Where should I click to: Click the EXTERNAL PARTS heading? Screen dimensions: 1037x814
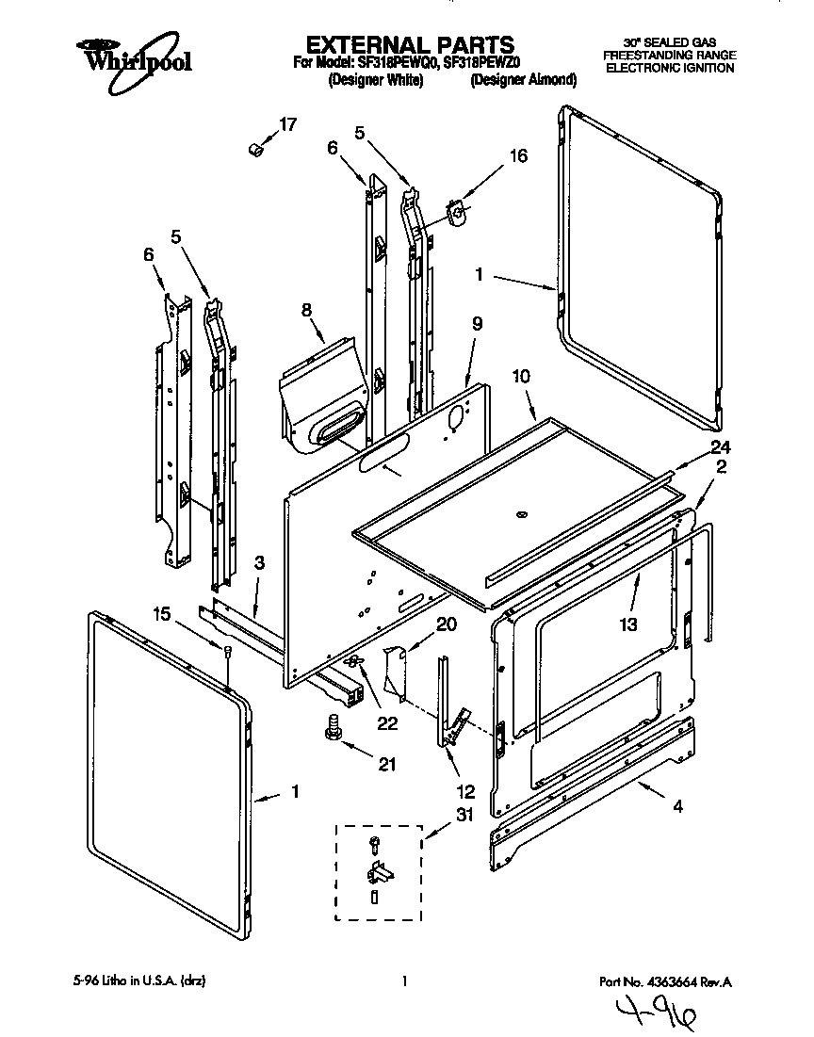[411, 44]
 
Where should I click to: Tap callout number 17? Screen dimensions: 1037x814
[287, 124]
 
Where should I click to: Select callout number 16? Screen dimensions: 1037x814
[518, 156]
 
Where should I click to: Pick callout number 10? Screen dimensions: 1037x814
[521, 376]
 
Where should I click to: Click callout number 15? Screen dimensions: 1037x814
[162, 614]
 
